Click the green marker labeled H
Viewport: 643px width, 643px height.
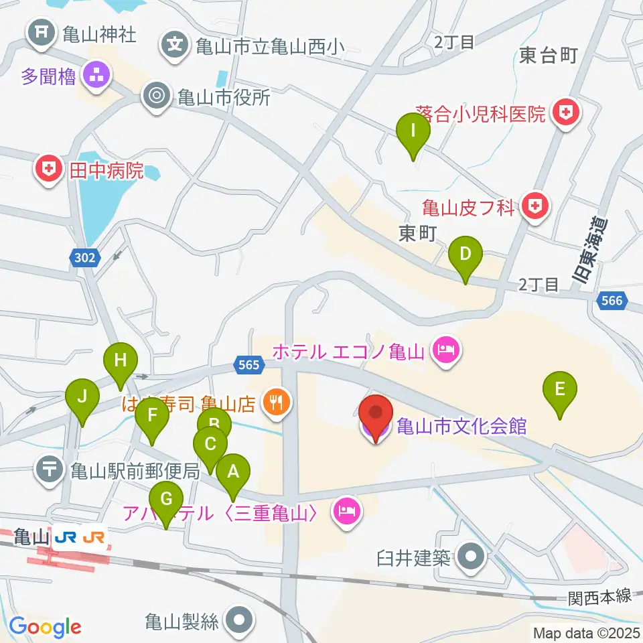point(120,362)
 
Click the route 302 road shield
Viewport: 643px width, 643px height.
point(86,257)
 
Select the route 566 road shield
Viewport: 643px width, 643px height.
point(612,301)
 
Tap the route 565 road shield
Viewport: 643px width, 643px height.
point(249,364)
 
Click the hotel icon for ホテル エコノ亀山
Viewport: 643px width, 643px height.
point(444,350)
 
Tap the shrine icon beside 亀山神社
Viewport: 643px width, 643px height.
point(42,34)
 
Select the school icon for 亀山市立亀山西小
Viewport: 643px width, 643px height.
point(175,46)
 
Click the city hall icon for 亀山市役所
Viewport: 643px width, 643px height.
point(157,96)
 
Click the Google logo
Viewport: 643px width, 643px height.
point(45,627)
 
